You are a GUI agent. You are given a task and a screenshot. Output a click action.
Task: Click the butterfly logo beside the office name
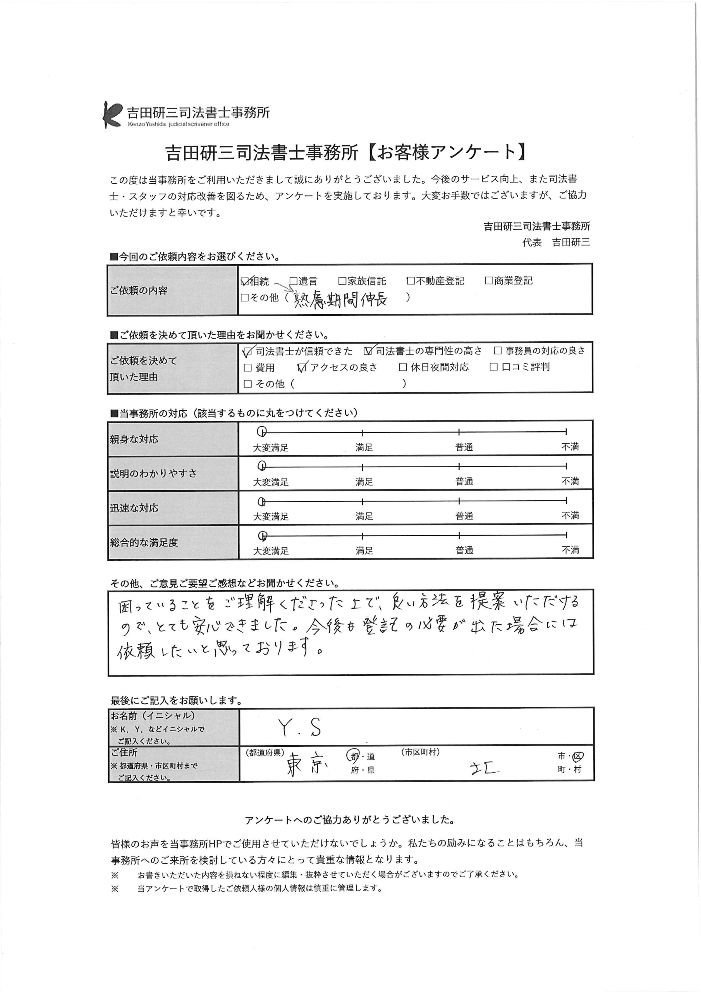pos(112,114)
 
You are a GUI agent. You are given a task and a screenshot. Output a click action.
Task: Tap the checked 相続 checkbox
pos(245,281)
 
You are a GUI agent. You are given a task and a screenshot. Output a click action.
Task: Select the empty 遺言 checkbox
pos(293,281)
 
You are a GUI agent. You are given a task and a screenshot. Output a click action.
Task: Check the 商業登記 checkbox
pos(489,281)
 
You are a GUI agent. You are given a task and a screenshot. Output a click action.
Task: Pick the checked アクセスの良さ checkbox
pos(302,368)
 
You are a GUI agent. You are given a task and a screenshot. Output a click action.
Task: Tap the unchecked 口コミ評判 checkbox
pos(494,367)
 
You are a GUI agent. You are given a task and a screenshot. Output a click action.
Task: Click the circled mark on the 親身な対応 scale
pos(262,432)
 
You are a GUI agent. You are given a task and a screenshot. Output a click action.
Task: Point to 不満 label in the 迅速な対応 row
pos(570,515)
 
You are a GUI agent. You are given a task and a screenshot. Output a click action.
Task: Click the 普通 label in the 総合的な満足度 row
pos(464,550)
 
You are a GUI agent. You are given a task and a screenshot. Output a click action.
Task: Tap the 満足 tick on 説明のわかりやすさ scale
pos(363,467)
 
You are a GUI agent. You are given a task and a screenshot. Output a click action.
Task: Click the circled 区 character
pos(578,756)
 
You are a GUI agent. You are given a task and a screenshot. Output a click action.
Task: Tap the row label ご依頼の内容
pos(139,290)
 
